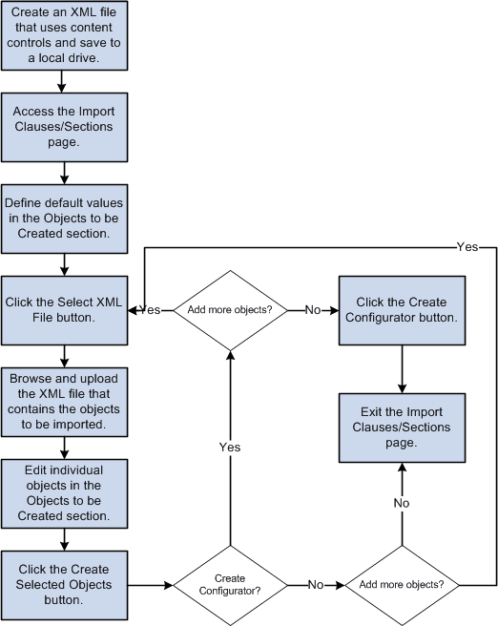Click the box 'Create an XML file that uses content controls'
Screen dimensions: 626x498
click(x=63, y=35)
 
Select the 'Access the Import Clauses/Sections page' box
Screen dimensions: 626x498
click(x=63, y=125)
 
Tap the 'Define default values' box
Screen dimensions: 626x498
click(x=63, y=218)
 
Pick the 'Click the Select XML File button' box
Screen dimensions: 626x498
click(x=63, y=310)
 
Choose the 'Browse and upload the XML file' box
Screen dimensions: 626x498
click(x=63, y=399)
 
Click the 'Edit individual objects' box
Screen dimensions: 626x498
click(x=63, y=491)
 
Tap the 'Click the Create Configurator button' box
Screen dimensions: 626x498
click(x=401, y=310)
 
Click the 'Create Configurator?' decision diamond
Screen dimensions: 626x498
click(x=229, y=584)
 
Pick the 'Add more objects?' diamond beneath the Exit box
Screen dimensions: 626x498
click(x=402, y=584)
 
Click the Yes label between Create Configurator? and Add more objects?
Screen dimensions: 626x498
click(x=229, y=447)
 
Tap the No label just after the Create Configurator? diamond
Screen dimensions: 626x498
click(x=314, y=584)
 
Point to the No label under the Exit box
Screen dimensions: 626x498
click(x=402, y=502)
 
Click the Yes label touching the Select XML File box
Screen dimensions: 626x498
click(x=151, y=310)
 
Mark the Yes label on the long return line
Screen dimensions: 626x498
click(x=467, y=246)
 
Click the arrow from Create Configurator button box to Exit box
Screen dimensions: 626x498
click(x=401, y=367)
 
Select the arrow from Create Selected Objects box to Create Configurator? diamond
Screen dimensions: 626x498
click(x=148, y=584)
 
